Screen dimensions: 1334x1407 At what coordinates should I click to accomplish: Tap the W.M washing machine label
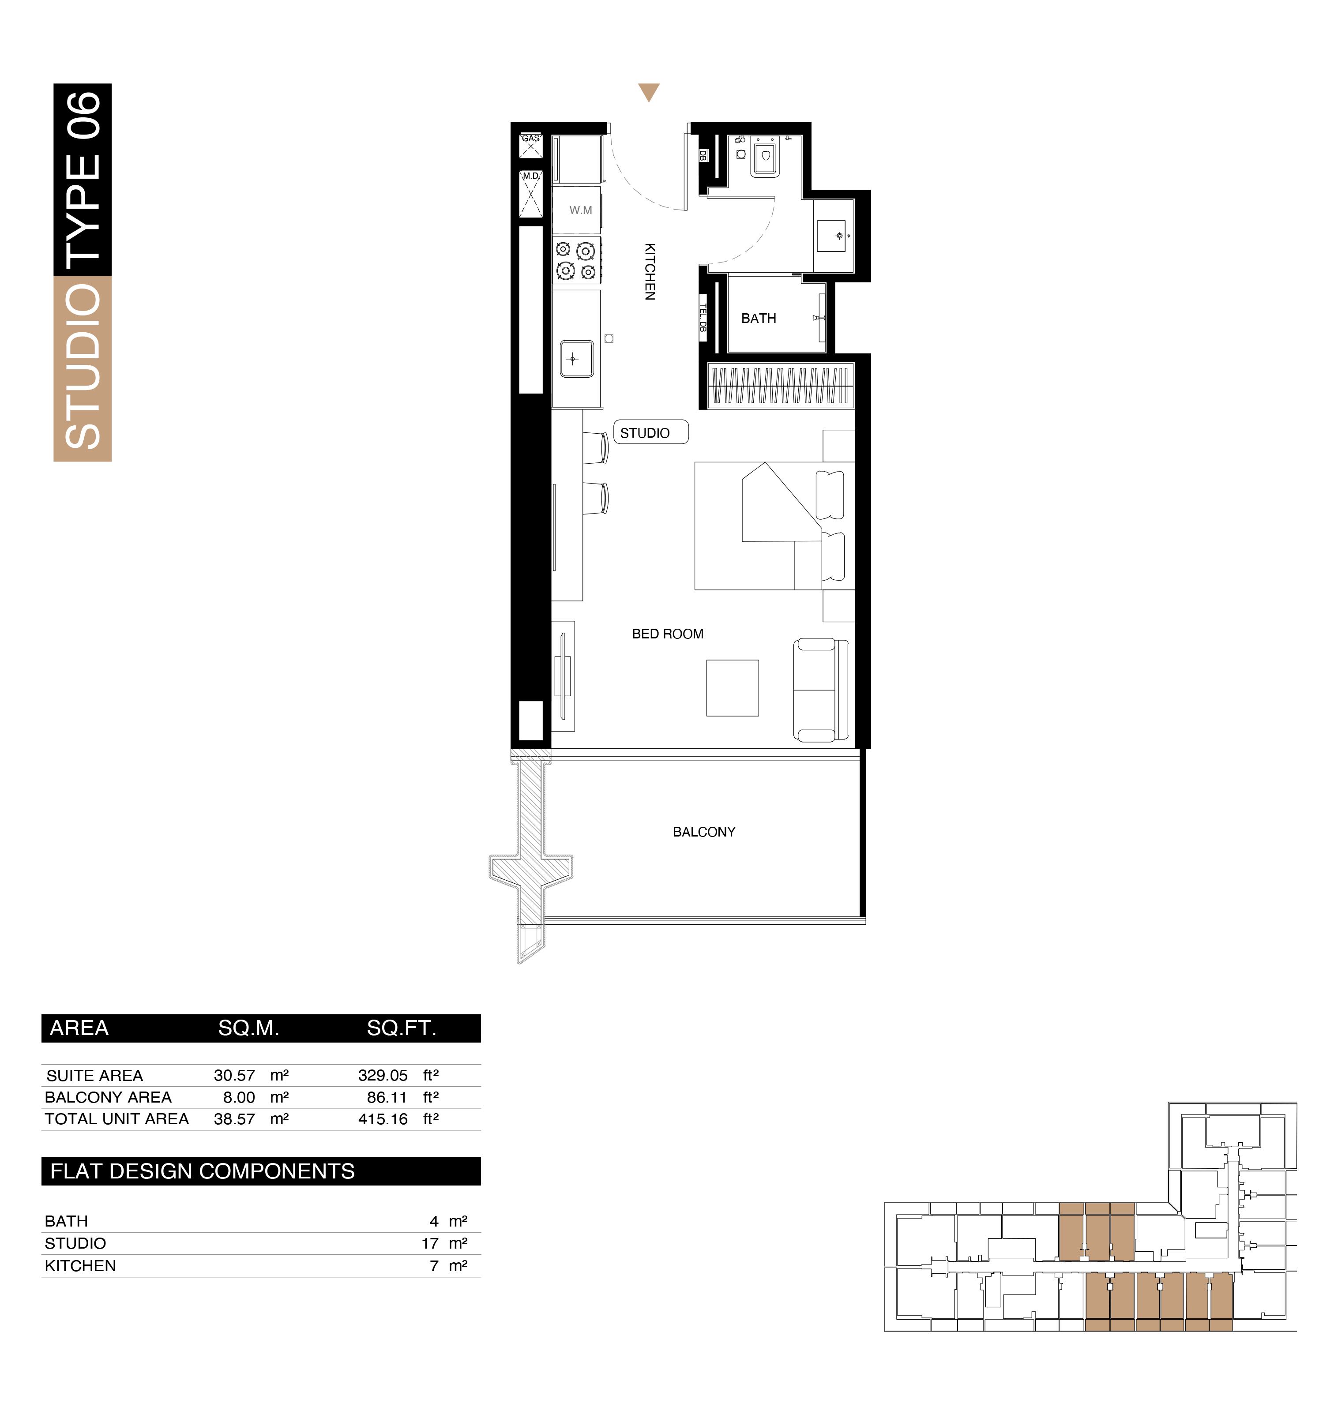tap(580, 210)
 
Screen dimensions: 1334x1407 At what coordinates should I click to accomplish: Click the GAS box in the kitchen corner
tap(530, 145)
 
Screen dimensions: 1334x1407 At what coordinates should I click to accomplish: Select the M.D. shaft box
tap(530, 193)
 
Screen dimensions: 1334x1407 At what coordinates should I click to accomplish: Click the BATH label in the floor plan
tap(759, 319)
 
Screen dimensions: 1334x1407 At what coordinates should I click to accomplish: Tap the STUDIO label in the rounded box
tap(645, 433)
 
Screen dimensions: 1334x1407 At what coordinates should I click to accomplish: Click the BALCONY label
tap(704, 832)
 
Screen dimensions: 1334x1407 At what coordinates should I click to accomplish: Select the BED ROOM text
tap(668, 634)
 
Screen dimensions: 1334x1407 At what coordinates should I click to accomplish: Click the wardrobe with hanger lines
tap(781, 385)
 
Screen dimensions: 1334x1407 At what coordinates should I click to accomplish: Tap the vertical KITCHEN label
tap(649, 272)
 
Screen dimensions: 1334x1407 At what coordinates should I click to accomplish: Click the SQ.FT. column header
tap(402, 1028)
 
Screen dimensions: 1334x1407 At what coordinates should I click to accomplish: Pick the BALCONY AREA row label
tap(108, 1097)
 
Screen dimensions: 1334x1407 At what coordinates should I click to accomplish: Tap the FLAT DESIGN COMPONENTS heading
tap(203, 1171)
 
